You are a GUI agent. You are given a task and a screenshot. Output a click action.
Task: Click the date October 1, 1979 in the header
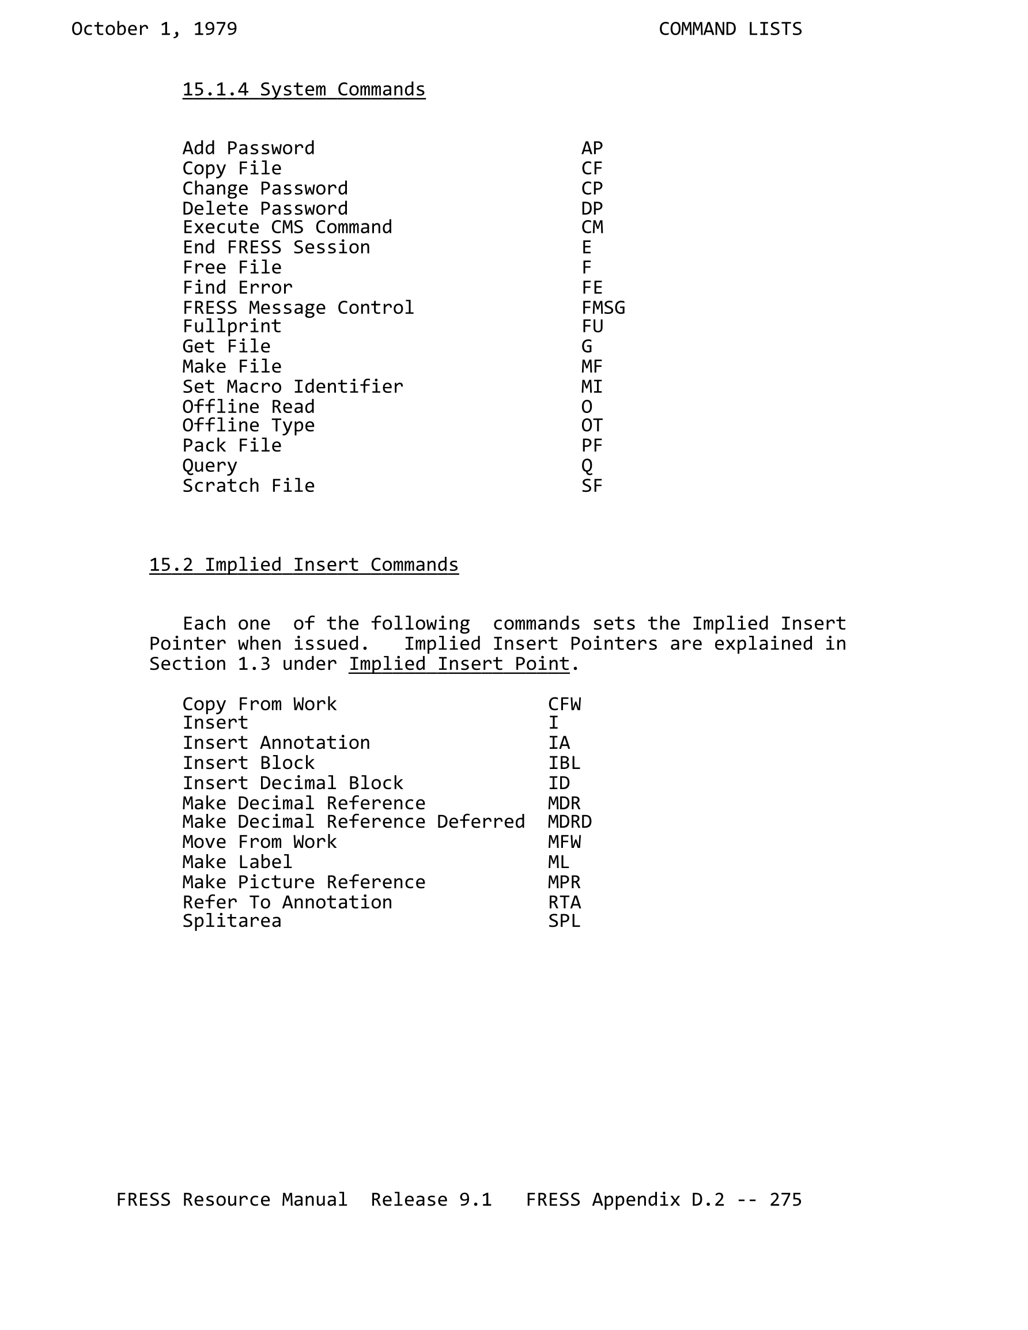(x=154, y=29)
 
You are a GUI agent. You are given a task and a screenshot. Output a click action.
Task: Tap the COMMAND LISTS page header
(x=730, y=29)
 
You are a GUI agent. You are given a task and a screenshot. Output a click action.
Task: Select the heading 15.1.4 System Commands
(x=304, y=89)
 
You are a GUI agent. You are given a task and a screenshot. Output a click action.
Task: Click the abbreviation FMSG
(x=603, y=308)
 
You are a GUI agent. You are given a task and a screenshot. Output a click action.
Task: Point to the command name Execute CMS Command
(x=287, y=227)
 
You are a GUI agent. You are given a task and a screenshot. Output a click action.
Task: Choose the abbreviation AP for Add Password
(x=592, y=148)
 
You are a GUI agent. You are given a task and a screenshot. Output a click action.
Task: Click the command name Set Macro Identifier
(x=293, y=387)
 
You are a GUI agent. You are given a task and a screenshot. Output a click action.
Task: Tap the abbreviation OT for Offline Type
(x=592, y=425)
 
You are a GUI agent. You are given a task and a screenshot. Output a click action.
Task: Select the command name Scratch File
(x=248, y=486)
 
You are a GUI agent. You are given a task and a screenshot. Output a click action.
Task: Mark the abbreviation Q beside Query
(x=586, y=466)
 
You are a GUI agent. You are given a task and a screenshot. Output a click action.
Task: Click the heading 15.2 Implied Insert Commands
(x=304, y=564)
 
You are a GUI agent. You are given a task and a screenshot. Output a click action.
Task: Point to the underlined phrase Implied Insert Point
(x=459, y=663)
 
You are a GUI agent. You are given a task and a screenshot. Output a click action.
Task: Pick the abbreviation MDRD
(x=570, y=821)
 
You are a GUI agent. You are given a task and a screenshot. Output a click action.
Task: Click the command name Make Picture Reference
(x=304, y=882)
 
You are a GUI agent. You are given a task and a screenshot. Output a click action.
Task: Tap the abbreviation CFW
(x=564, y=704)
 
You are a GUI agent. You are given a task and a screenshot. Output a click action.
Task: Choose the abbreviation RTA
(x=564, y=902)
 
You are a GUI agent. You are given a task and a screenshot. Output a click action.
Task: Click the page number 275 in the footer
(x=785, y=1199)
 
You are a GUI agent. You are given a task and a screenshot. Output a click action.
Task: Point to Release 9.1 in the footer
(x=431, y=1199)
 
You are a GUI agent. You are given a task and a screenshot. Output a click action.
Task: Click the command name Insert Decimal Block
(x=293, y=783)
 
